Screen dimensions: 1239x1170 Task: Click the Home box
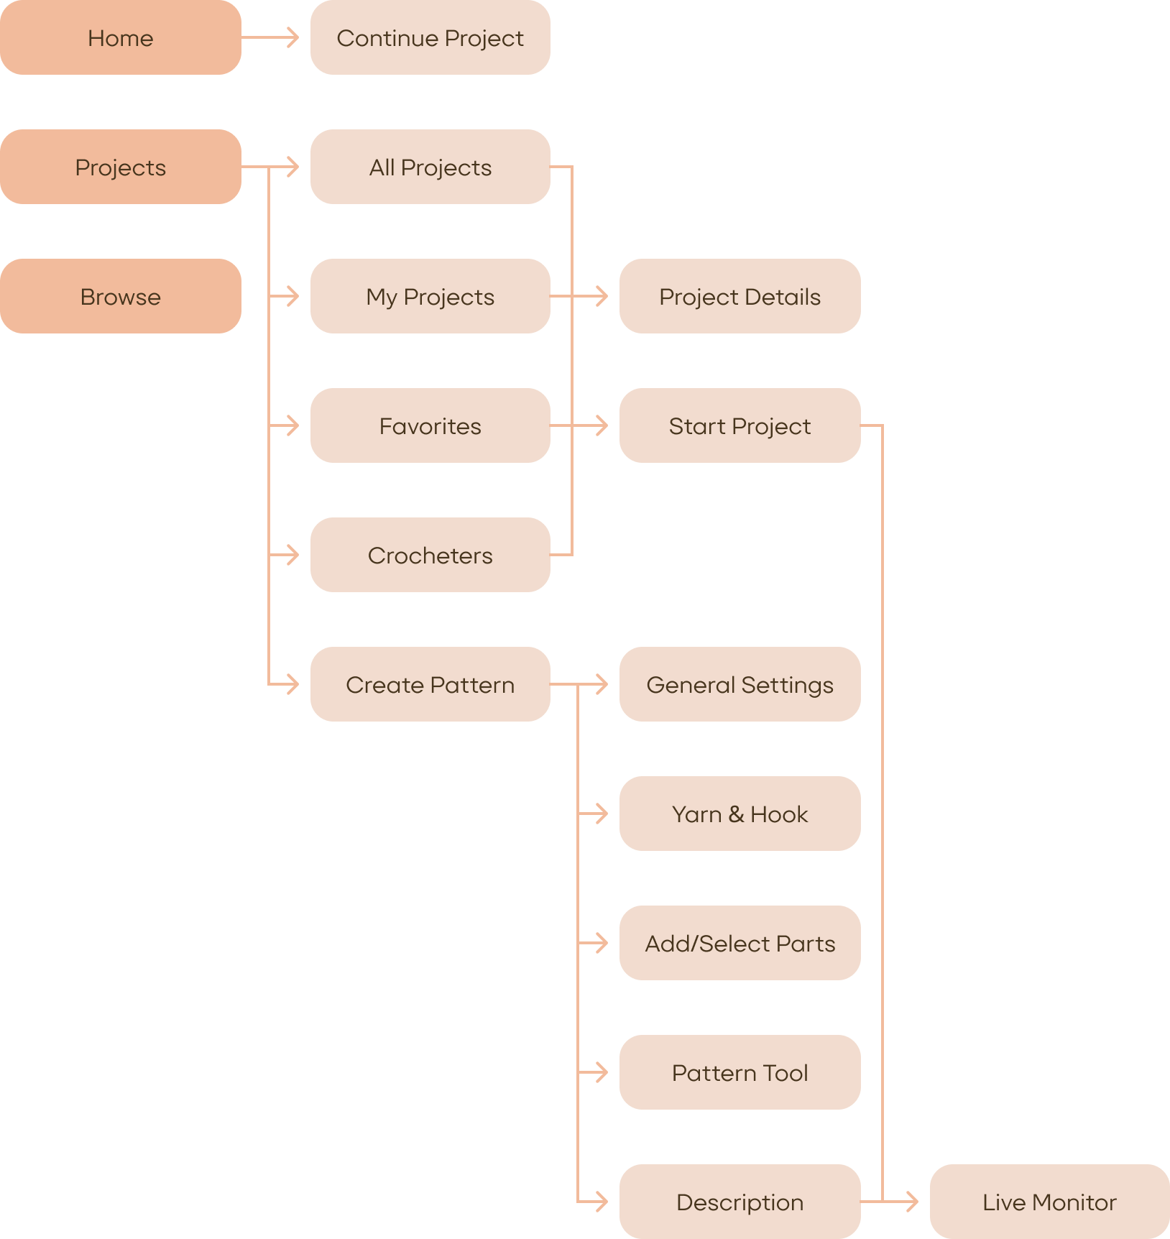click(x=120, y=37)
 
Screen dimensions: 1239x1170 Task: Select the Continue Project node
click(x=430, y=37)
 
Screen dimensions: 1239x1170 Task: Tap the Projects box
click(x=120, y=167)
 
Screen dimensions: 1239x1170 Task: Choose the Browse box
click(x=120, y=296)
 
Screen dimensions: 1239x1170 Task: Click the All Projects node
click(x=430, y=167)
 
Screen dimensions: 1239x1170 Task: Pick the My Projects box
click(x=430, y=296)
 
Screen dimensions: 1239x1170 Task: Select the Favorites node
click(x=430, y=425)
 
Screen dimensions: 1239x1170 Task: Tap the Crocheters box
click(x=430, y=555)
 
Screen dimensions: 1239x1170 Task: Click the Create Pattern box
click(x=430, y=684)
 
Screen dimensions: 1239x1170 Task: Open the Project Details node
click(x=740, y=296)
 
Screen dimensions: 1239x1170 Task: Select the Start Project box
click(x=740, y=425)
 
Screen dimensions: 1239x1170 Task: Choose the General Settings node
click(x=740, y=684)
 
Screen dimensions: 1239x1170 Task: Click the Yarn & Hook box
click(x=740, y=814)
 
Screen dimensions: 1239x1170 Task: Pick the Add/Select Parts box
click(x=740, y=943)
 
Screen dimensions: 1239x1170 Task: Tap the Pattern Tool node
click(x=740, y=1072)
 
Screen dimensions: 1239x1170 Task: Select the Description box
click(x=740, y=1202)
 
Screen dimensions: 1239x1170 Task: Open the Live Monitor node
click(x=1049, y=1202)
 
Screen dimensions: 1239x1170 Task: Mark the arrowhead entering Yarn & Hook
click(x=602, y=814)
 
